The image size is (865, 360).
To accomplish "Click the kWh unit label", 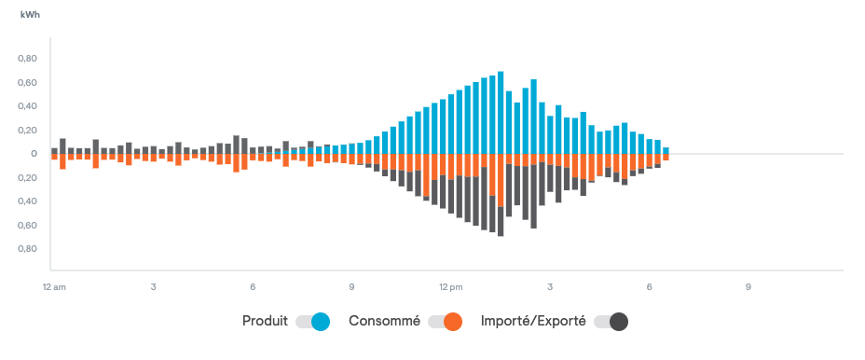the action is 30,15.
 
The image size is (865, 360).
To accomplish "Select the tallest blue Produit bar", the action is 501,112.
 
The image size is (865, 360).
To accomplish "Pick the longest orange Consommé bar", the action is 501,180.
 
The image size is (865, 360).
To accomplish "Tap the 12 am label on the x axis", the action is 53,287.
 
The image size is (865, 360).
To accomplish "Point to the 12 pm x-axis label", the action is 451,287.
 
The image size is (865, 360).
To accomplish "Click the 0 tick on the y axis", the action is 34,154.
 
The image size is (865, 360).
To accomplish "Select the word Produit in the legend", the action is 265,321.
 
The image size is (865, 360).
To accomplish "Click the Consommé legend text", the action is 384,321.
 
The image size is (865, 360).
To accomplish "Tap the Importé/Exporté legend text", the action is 533,321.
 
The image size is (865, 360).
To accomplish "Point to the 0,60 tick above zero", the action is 28,82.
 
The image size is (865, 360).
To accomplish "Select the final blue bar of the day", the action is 666,150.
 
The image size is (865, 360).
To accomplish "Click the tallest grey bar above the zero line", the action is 236,145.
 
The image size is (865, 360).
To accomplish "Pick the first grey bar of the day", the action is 54,151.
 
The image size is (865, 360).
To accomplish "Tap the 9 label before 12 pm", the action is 351,287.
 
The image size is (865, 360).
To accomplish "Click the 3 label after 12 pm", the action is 550,287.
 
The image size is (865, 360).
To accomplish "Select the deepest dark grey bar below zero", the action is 501,221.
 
